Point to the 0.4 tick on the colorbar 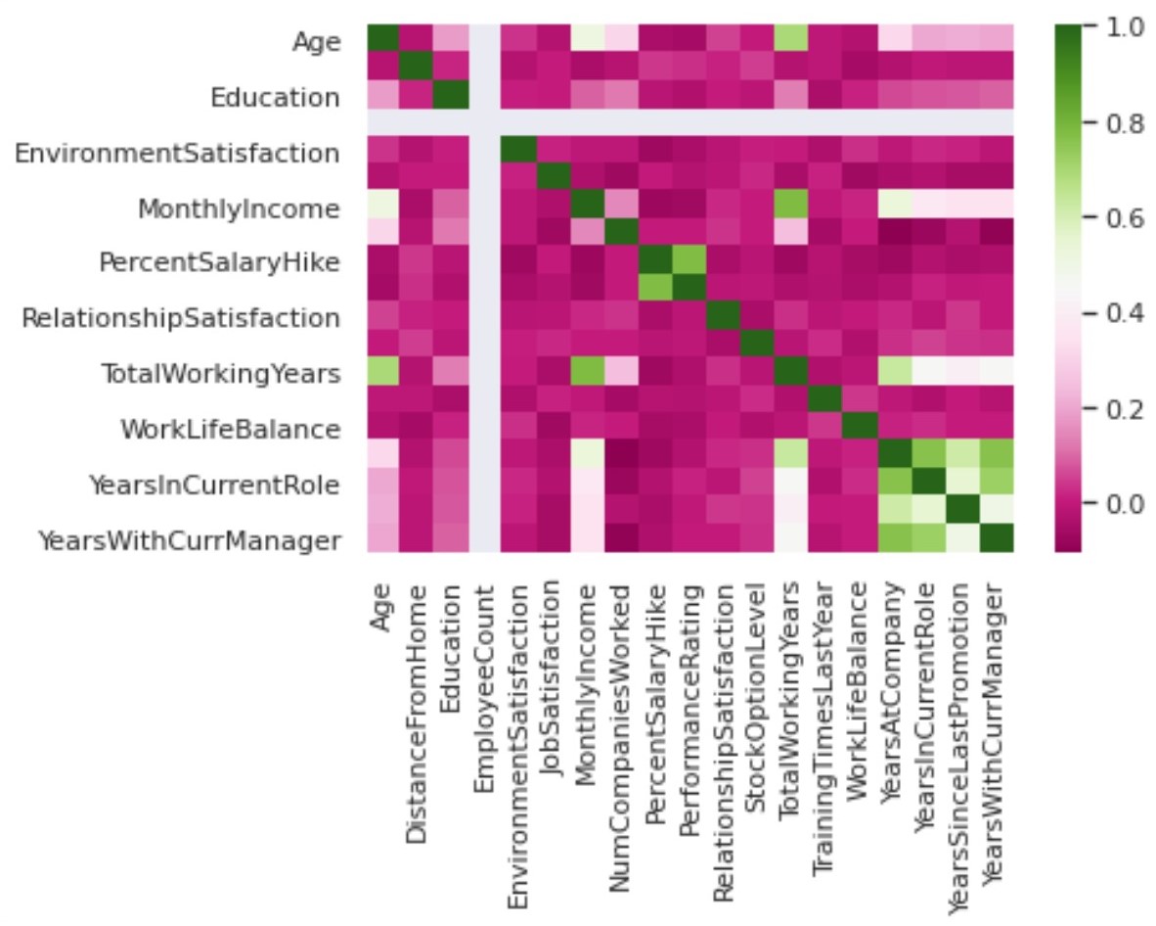(1106, 313)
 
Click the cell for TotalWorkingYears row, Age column (381, 373)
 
